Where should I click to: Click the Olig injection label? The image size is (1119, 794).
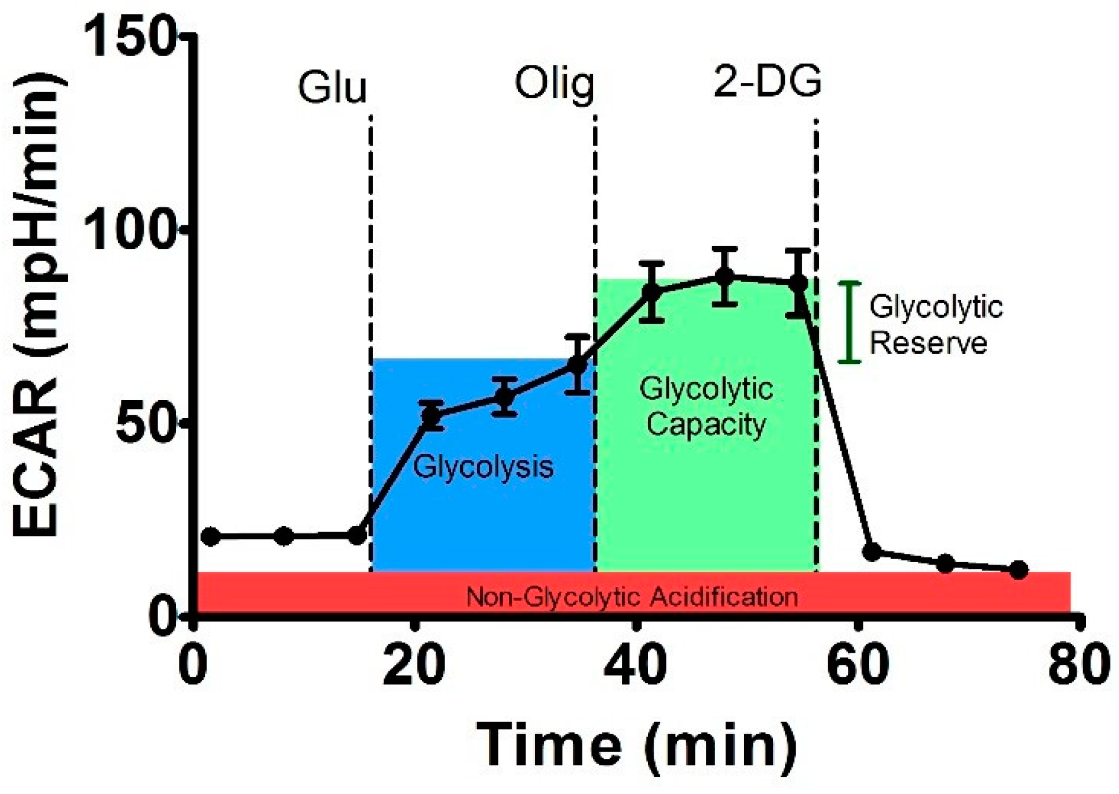(555, 86)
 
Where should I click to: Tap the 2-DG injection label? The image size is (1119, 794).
(767, 82)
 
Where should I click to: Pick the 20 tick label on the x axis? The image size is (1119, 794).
(414, 664)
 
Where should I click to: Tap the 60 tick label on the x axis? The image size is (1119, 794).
(858, 664)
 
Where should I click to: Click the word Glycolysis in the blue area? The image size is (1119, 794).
(483, 466)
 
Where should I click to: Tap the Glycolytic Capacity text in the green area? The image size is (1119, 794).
(706, 407)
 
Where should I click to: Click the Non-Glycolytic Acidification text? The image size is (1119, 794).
(632, 597)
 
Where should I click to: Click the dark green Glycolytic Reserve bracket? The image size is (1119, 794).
(850, 322)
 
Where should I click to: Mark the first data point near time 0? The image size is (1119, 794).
(211, 536)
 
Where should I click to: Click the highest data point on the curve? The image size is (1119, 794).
(724, 276)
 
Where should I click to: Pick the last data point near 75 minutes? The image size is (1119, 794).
(1018, 570)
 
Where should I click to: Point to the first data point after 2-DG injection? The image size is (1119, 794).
(872, 551)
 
